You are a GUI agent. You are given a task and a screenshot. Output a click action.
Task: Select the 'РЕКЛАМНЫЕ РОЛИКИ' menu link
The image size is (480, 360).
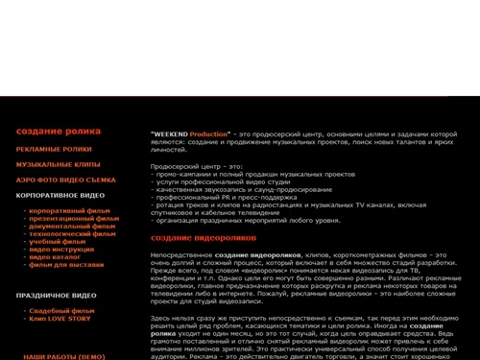pos(54,150)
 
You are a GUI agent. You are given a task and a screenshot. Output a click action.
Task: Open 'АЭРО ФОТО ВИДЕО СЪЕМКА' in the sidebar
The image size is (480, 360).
pos(65,180)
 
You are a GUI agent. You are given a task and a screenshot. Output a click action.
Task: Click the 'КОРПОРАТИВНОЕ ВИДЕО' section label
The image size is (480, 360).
pos(60,195)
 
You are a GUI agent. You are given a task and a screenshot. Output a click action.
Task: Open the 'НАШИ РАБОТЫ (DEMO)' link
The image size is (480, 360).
pos(63,356)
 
